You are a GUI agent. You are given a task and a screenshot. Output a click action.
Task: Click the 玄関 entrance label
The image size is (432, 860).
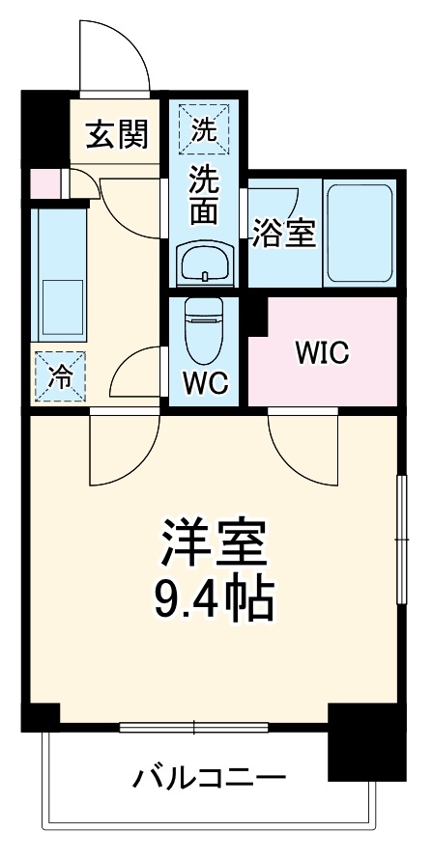[x=119, y=135]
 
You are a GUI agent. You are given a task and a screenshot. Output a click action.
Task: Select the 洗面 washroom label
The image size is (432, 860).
[x=203, y=193]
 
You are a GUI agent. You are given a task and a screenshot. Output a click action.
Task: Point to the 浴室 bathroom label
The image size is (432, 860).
[x=284, y=233]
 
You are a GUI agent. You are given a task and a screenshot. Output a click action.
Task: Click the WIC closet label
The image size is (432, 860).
[x=322, y=351]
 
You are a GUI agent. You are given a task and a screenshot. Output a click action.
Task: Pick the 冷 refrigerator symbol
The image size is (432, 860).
[x=59, y=377]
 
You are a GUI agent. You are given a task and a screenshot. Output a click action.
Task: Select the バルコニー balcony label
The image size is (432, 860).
[x=210, y=776]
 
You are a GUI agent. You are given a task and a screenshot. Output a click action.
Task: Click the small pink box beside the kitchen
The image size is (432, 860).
[x=43, y=182]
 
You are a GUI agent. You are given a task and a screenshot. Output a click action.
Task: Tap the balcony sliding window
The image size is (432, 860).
[x=194, y=726]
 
